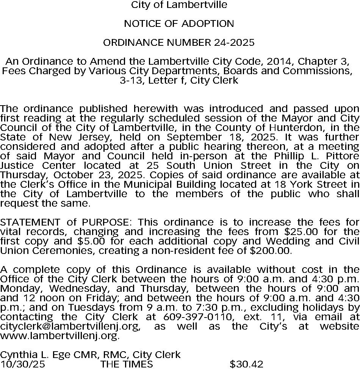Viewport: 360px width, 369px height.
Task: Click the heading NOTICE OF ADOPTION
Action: pyautogui.click(x=179, y=24)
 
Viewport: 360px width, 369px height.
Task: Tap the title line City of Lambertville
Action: pyautogui.click(x=179, y=5)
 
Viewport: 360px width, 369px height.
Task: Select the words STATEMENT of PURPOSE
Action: pyautogui.click(x=67, y=222)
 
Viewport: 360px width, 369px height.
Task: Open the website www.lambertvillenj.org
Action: pyautogui.click(x=59, y=336)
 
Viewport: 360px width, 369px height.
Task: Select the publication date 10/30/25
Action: pyautogui.click(x=22, y=364)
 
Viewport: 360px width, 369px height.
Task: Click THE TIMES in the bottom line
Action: pyautogui.click(x=127, y=364)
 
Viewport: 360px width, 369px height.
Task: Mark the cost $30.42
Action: pyautogui.click(x=246, y=364)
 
